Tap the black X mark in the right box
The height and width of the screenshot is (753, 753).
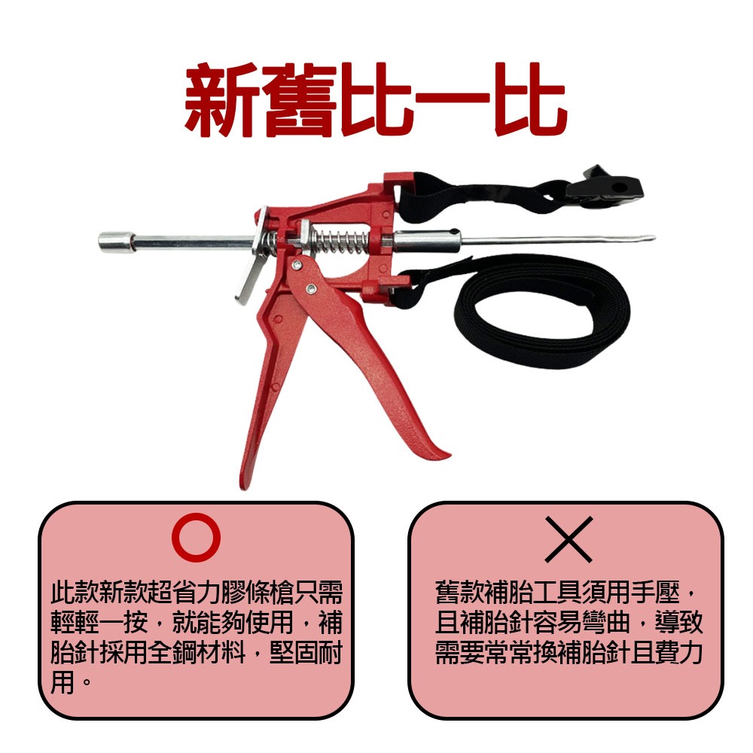click(569, 539)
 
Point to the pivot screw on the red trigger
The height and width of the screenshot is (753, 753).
click(310, 287)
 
